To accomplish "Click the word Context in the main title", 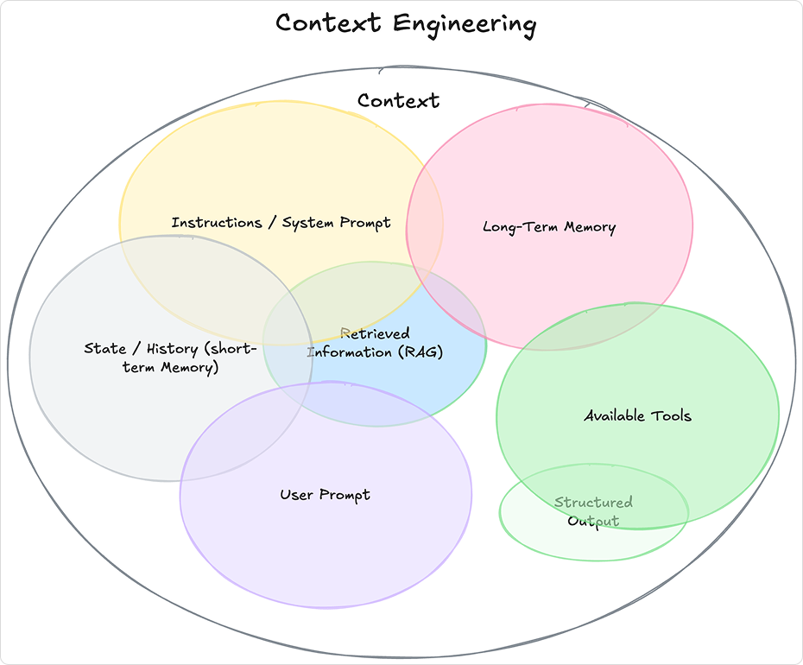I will point(328,23).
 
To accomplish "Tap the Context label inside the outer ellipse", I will point(398,101).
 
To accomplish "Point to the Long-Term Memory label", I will point(549,227).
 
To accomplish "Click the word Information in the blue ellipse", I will point(350,352).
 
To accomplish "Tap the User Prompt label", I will point(325,495).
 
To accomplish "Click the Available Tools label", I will point(637,415).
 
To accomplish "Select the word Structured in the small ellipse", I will point(593,502).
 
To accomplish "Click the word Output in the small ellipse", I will point(593,521).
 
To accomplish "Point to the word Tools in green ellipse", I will point(670,415).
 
